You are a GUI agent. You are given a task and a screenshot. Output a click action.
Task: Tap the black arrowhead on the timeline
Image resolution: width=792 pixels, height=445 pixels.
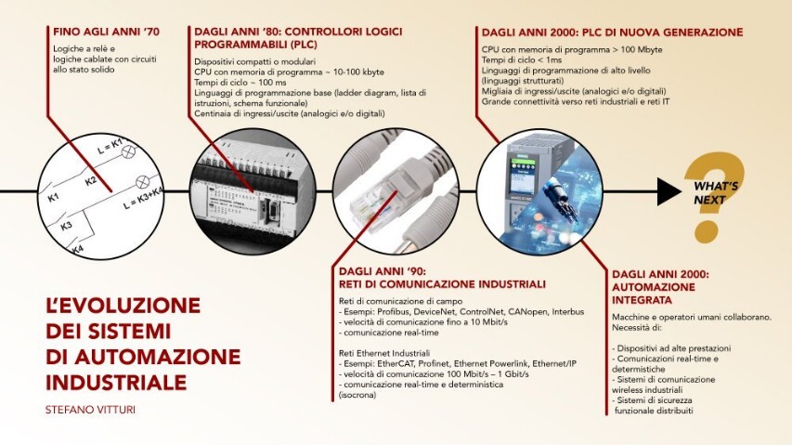[669, 190]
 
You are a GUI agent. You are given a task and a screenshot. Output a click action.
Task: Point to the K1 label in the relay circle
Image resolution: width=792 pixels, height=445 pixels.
[54, 198]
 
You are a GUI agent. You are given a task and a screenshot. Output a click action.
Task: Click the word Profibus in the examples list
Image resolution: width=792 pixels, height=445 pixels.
[394, 312]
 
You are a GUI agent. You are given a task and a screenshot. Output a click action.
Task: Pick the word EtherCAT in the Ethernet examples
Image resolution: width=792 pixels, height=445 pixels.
[396, 364]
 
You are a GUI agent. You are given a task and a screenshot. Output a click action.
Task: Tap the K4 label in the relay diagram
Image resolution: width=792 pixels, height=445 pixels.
[78, 250]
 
